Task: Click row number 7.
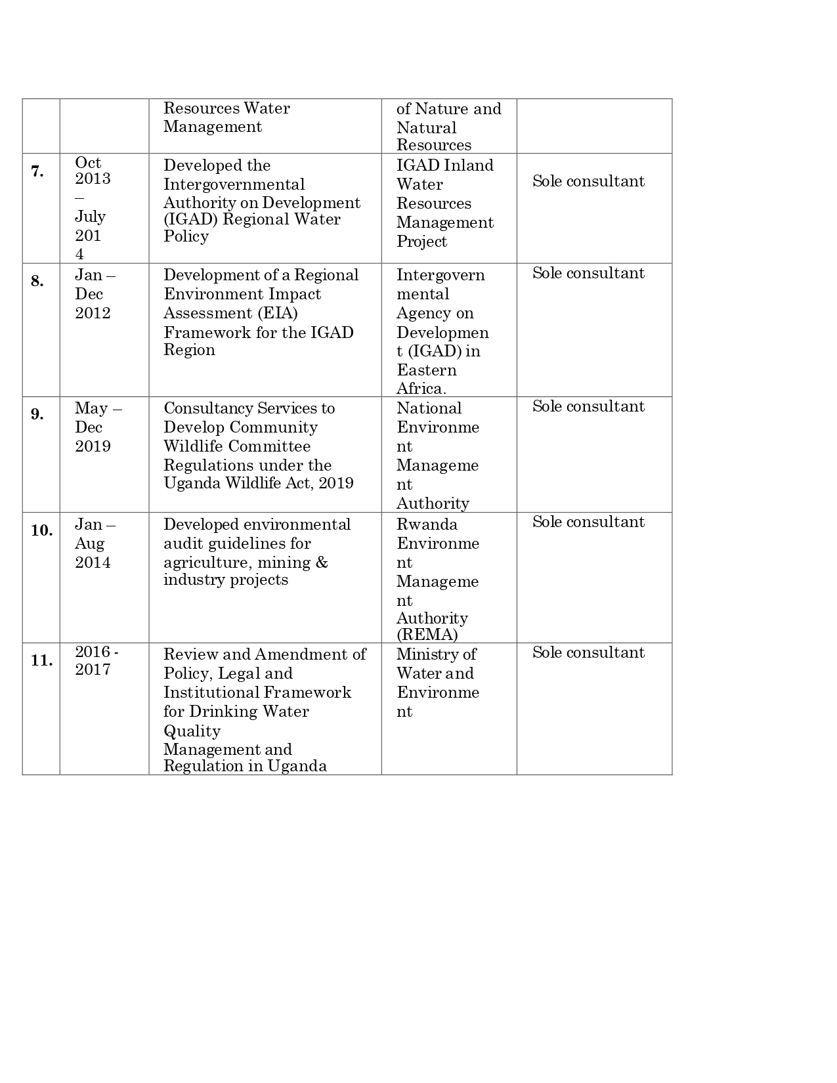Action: pos(37,172)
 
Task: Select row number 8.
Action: pos(37,282)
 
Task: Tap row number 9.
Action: pos(37,415)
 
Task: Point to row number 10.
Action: pos(41,530)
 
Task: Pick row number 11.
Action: pos(41,661)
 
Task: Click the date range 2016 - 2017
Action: pos(97,661)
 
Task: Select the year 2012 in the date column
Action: pos(93,313)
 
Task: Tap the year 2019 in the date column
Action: pos(93,446)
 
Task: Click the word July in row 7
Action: pos(90,217)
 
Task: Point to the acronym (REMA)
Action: pos(427,635)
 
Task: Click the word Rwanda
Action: pos(427,524)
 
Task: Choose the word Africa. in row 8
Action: pos(421,389)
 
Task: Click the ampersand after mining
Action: pos(321,563)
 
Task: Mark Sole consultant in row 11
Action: pos(588,652)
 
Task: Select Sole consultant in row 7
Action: pos(588,181)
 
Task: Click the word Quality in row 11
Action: pos(192,731)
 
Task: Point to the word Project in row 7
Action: pos(421,242)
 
